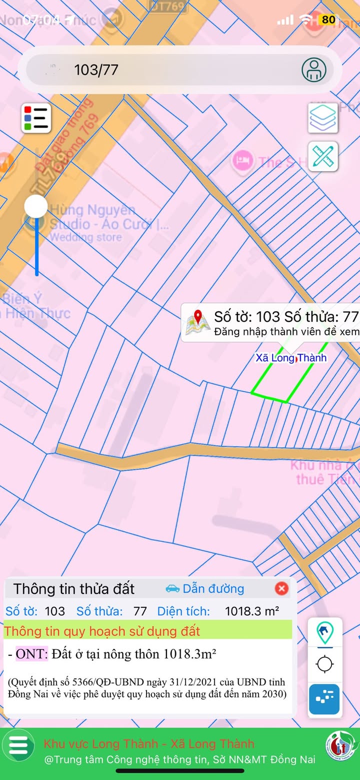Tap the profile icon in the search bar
point(314,70)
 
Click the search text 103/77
point(96,70)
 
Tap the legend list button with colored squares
point(36,119)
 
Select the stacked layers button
point(323,118)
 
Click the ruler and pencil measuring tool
point(323,156)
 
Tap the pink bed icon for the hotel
point(243,161)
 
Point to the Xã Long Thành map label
point(291,358)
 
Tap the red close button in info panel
point(281,588)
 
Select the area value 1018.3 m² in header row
point(252,611)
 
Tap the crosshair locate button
point(325,664)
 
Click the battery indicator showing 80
point(328,20)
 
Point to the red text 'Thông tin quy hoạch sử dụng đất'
point(102,631)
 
